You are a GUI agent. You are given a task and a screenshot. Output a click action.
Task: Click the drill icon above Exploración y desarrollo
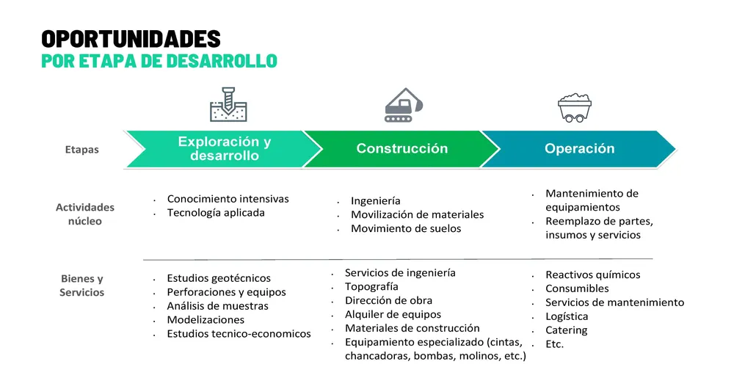(228, 104)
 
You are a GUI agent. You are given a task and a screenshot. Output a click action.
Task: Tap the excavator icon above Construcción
(404, 105)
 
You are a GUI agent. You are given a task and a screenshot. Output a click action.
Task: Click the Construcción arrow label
(402, 148)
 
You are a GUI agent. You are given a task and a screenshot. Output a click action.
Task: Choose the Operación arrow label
(580, 148)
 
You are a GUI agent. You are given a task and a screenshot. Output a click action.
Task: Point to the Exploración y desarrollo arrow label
(225, 148)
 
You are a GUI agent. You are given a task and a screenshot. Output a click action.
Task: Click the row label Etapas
(82, 150)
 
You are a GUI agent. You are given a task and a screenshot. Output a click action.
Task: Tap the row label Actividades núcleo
(84, 214)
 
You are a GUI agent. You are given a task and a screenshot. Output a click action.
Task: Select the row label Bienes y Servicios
(82, 285)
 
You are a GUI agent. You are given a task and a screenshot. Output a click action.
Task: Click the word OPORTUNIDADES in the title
(131, 39)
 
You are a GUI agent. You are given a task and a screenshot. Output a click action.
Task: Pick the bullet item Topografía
(371, 286)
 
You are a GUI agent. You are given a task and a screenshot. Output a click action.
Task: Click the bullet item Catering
(567, 330)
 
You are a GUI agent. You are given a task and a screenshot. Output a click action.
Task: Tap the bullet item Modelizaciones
(206, 320)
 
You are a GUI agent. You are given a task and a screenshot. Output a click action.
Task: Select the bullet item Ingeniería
(375, 201)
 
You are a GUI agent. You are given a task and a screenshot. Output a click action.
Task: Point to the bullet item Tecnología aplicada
(216, 213)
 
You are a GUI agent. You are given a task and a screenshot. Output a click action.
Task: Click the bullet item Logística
(567, 316)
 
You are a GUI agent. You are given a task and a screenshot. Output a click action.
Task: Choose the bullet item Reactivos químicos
(592, 275)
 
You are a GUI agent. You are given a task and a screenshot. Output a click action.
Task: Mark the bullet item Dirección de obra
(388, 300)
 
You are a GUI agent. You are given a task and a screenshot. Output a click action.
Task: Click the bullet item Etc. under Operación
(555, 344)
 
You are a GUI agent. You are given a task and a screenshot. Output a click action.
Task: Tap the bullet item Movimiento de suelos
(406, 228)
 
